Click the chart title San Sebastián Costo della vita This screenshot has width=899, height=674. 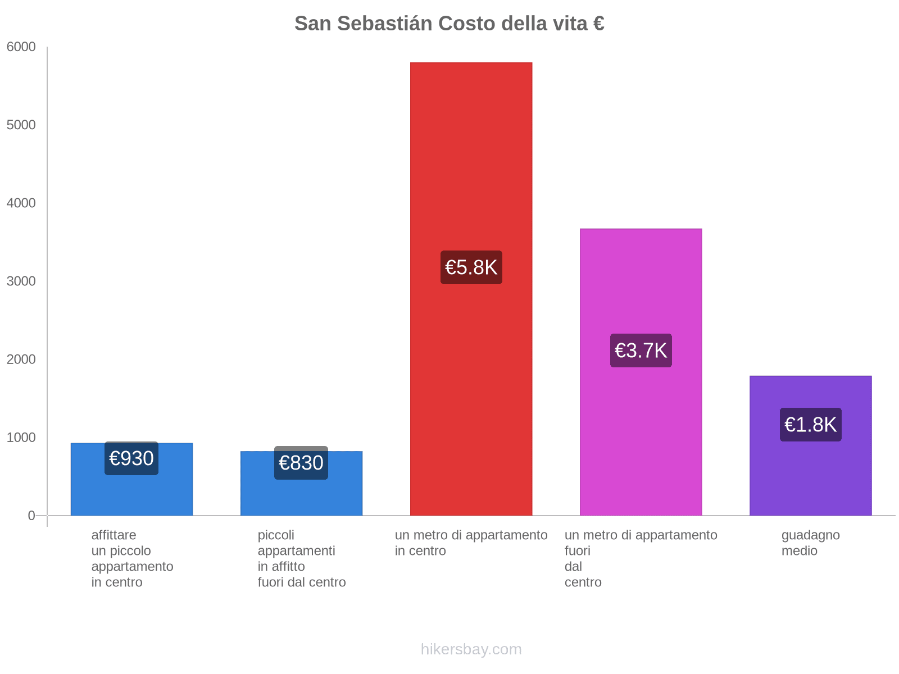[x=449, y=24]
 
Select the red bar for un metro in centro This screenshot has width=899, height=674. [x=471, y=168]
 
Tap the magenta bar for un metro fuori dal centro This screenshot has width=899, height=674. [x=641, y=281]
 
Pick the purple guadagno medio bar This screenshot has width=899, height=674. [x=810, y=477]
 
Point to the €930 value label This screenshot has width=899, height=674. [x=131, y=458]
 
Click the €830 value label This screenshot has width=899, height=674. [x=301, y=463]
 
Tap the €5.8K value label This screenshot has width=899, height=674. [x=471, y=267]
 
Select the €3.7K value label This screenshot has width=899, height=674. [x=641, y=350]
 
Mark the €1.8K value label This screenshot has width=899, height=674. [x=810, y=425]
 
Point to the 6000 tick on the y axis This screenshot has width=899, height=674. [x=21, y=47]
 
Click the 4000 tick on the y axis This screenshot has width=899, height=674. [x=21, y=203]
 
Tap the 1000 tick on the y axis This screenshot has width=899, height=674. [x=21, y=438]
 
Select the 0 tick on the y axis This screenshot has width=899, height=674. [x=31, y=516]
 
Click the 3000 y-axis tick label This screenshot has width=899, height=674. [x=21, y=281]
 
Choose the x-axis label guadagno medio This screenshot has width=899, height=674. [x=810, y=543]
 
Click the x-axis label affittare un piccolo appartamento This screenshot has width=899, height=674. [x=132, y=558]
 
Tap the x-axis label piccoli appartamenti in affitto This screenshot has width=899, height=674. [x=302, y=558]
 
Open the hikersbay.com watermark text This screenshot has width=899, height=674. [x=471, y=649]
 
